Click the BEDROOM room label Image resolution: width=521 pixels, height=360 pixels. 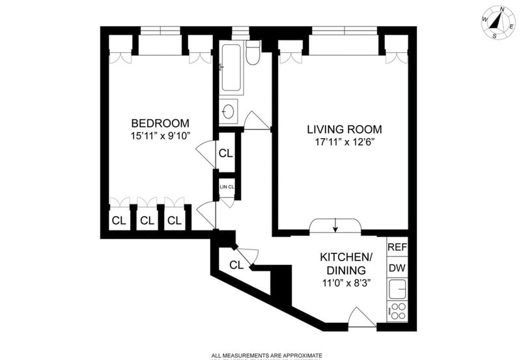160,123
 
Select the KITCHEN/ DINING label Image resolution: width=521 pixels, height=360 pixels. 345,264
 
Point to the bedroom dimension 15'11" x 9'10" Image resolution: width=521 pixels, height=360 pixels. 160,137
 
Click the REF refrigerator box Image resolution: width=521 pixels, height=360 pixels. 397,247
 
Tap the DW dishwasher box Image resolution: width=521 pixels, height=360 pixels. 397,268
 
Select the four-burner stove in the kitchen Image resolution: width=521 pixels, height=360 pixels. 397,312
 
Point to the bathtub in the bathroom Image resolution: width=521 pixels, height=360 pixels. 231,68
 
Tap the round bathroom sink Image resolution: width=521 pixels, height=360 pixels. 229,111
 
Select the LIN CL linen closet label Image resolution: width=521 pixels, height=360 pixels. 226,187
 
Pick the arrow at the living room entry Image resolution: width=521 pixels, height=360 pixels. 335,225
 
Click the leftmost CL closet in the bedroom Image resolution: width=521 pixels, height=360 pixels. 119,220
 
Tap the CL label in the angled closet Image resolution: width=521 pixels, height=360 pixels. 236,265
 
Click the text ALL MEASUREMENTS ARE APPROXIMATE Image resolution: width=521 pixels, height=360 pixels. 266,355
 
